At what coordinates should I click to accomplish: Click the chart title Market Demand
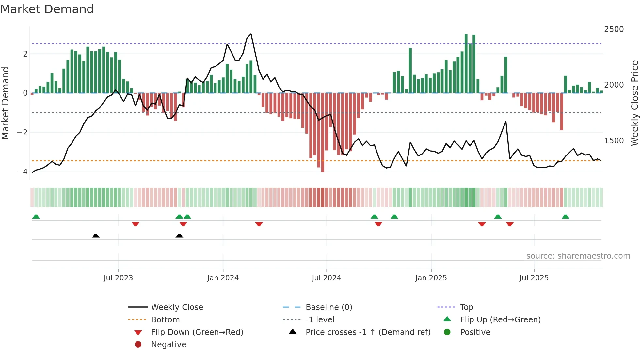47,9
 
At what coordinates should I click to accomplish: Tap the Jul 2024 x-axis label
326,278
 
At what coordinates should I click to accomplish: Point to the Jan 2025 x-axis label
431,278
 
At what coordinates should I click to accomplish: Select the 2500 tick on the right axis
614,29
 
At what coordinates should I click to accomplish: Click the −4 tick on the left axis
22,172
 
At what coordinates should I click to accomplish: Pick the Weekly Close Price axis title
634,103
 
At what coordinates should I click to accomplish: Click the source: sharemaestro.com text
578,256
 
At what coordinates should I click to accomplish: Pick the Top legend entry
466,307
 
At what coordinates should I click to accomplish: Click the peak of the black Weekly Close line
251,34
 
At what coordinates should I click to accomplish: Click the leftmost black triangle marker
96,236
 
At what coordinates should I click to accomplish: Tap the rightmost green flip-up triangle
565,217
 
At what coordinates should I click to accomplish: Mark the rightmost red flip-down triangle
510,224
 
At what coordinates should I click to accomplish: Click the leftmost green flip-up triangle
36,217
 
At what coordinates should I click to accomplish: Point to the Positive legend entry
475,332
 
